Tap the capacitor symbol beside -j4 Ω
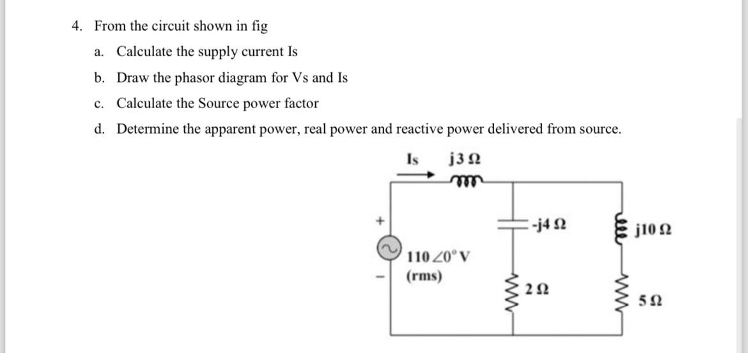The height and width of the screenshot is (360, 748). pyautogui.click(x=512, y=223)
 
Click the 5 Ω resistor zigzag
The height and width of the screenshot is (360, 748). pyautogui.click(x=620, y=296)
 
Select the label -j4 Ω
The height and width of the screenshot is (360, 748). pyautogui.click(x=549, y=224)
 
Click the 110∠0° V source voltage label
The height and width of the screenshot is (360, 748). pyautogui.click(x=439, y=257)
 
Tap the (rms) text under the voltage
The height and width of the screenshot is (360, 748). pyautogui.click(x=424, y=276)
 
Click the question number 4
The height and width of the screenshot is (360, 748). pyautogui.click(x=77, y=26)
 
